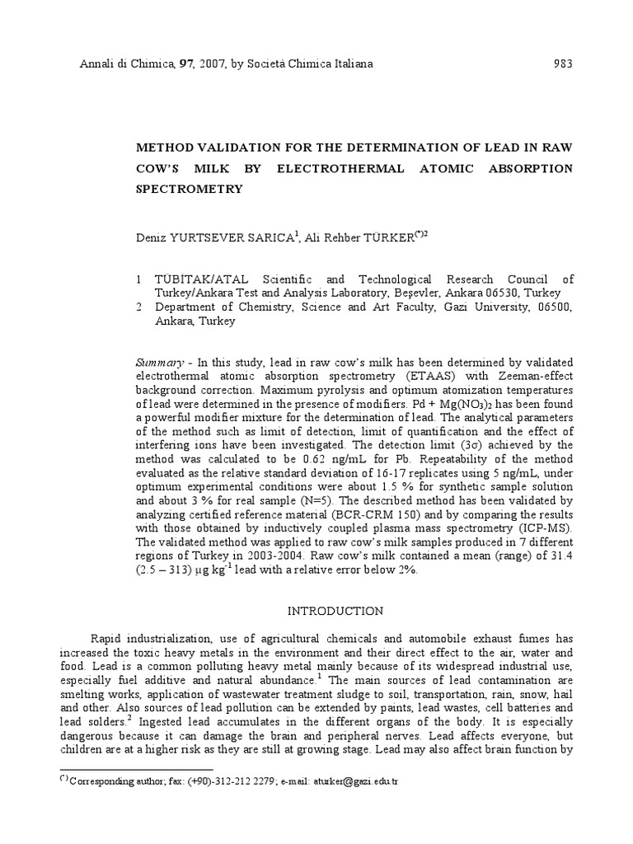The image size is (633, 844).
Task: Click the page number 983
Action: point(563,64)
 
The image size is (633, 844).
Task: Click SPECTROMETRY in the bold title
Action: point(189,189)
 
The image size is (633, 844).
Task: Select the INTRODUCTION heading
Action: point(334,612)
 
